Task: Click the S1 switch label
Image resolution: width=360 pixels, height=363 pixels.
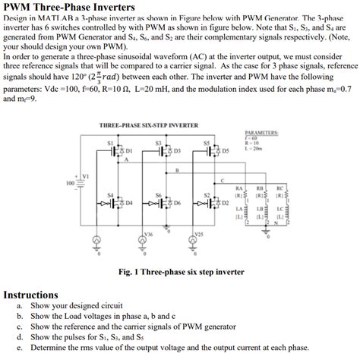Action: click(110, 143)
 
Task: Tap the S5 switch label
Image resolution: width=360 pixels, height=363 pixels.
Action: click(206, 143)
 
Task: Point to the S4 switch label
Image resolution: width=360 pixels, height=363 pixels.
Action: click(110, 194)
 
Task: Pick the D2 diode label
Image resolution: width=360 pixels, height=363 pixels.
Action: click(225, 203)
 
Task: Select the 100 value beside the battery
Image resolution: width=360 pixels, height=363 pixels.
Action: click(70, 183)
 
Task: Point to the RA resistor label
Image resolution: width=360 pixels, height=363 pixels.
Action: click(239, 188)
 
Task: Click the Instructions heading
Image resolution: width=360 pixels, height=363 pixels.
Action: click(32, 295)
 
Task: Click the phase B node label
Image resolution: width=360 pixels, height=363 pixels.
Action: click(176, 170)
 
